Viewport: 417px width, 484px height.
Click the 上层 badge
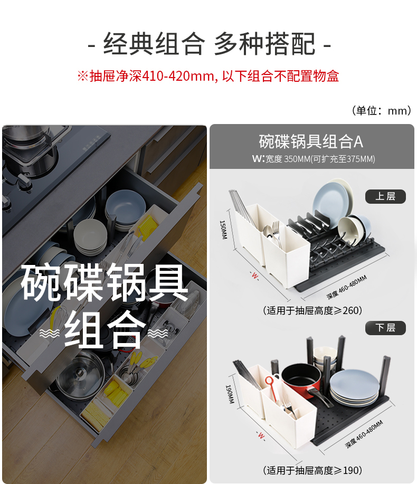click(x=385, y=196)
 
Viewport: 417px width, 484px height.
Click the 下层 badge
click(x=385, y=328)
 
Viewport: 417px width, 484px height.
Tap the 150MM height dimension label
click(x=223, y=230)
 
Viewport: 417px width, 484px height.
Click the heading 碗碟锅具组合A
click(x=311, y=141)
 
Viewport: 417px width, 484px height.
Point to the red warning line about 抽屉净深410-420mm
click(x=208, y=76)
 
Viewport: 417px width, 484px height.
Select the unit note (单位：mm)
click(x=382, y=110)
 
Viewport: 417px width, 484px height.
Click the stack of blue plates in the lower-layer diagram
click(x=354, y=388)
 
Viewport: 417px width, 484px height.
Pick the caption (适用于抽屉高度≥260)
click(x=312, y=310)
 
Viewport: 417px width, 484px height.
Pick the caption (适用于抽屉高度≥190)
click(x=312, y=470)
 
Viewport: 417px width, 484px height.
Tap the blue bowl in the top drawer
click(x=125, y=204)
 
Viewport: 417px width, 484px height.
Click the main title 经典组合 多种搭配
click(x=209, y=44)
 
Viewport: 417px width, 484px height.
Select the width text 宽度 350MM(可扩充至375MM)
click(x=320, y=159)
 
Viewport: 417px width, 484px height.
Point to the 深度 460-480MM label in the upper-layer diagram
click(x=347, y=287)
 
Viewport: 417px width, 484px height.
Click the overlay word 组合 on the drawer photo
click(x=105, y=330)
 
